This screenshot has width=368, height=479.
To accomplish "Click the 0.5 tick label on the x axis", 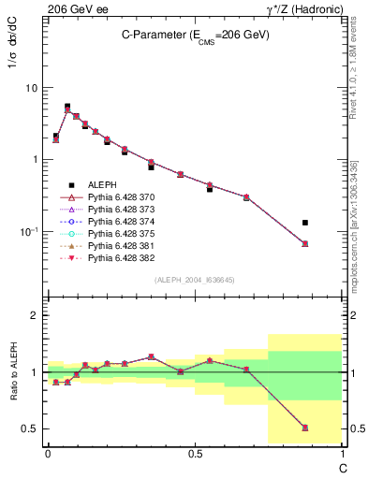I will point(194,453).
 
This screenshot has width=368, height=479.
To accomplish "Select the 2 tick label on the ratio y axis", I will point(35,315).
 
